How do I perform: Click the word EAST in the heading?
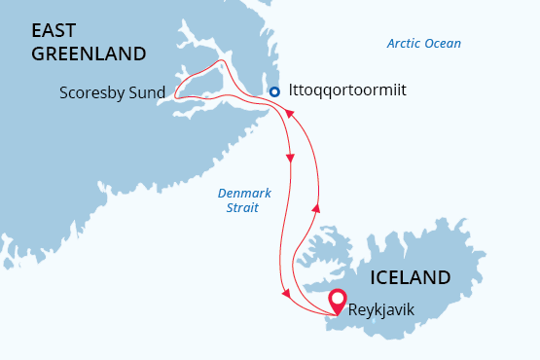point(56,30)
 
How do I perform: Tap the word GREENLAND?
point(88,54)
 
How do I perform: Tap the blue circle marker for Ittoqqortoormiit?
point(274,91)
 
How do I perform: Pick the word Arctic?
point(406,44)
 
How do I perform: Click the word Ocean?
point(444,44)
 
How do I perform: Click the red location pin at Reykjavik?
point(337,301)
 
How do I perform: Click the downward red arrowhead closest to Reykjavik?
point(283,294)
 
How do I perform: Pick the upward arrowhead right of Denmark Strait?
point(315,206)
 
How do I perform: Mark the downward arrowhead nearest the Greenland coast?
point(291,157)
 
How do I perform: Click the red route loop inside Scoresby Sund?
point(209,78)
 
